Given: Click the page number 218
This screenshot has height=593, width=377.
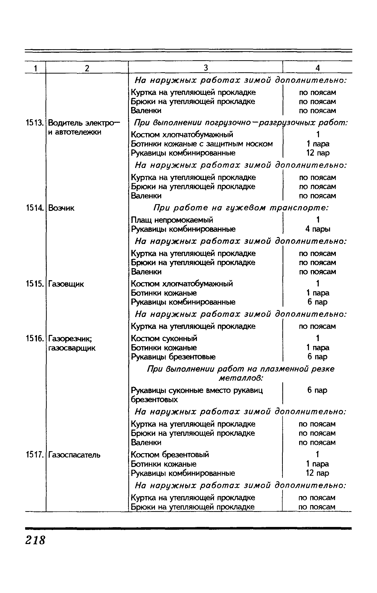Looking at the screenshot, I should [x=35, y=540].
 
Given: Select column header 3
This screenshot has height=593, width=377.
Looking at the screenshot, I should [x=206, y=68].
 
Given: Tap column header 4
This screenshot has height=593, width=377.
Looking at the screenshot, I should [x=317, y=68].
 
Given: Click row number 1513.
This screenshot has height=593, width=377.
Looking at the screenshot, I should [x=35, y=123].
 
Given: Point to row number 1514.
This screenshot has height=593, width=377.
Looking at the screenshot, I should [x=35, y=208].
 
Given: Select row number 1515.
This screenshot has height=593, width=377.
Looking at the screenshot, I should [x=35, y=284].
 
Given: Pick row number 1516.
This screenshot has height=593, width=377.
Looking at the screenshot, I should [x=35, y=339].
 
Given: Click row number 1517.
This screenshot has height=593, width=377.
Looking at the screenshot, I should [x=35, y=455].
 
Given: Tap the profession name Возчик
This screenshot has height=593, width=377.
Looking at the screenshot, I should [x=61, y=208].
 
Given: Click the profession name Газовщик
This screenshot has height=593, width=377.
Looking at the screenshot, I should [x=66, y=284].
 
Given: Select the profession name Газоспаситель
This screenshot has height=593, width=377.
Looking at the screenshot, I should [x=74, y=455].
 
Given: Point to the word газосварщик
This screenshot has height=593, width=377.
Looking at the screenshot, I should [x=72, y=348].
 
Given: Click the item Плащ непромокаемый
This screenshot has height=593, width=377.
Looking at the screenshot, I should [x=172, y=220].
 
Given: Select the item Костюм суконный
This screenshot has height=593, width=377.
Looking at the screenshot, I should [x=164, y=338].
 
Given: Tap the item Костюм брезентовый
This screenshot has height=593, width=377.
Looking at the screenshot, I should [x=170, y=455].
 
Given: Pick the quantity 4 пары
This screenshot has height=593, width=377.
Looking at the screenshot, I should [x=318, y=229].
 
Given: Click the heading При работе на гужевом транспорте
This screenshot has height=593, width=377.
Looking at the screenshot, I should [x=241, y=208].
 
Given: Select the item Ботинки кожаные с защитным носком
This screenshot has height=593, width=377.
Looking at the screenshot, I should [x=202, y=144].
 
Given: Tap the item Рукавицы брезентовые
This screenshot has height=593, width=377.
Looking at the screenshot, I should [x=173, y=357].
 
